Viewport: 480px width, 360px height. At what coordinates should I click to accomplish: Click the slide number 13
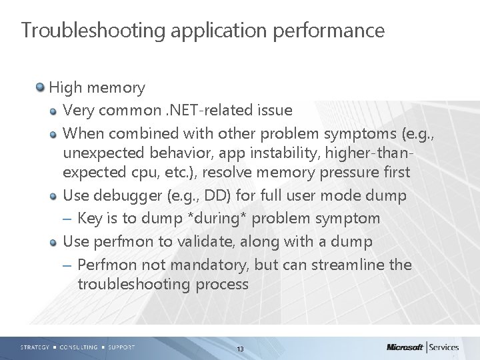240,349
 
